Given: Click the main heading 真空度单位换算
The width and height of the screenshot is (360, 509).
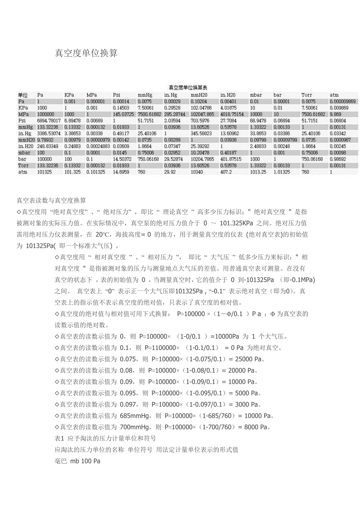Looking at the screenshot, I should (86, 53).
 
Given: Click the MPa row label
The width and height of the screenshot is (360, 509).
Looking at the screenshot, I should (23, 114).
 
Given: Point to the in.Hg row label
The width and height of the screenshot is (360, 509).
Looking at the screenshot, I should (24, 133).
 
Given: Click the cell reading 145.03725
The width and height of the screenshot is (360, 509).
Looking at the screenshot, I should (123, 114).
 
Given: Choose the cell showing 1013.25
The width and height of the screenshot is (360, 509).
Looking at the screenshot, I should (258, 172).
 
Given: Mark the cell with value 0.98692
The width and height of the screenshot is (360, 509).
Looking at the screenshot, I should (338, 159).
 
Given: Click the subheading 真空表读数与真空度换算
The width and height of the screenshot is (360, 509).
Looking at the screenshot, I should (51, 201).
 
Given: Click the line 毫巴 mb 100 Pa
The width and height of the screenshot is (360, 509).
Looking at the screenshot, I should (77, 461).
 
